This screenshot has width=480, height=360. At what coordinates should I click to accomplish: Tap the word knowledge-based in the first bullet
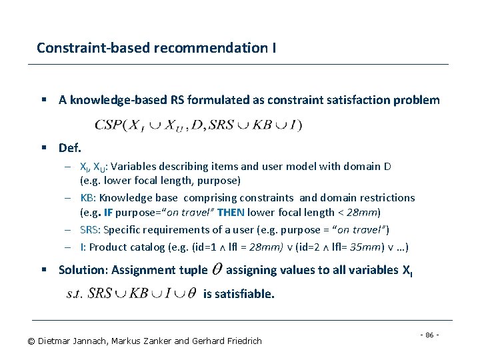113,101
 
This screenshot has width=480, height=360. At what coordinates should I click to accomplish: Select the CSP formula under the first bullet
199,125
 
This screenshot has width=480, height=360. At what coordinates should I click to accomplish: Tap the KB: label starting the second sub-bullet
88,198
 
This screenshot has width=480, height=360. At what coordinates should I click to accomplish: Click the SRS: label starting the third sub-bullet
91,230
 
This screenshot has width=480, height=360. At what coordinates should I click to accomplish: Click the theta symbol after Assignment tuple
217,270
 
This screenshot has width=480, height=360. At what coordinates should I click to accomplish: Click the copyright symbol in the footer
31,341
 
